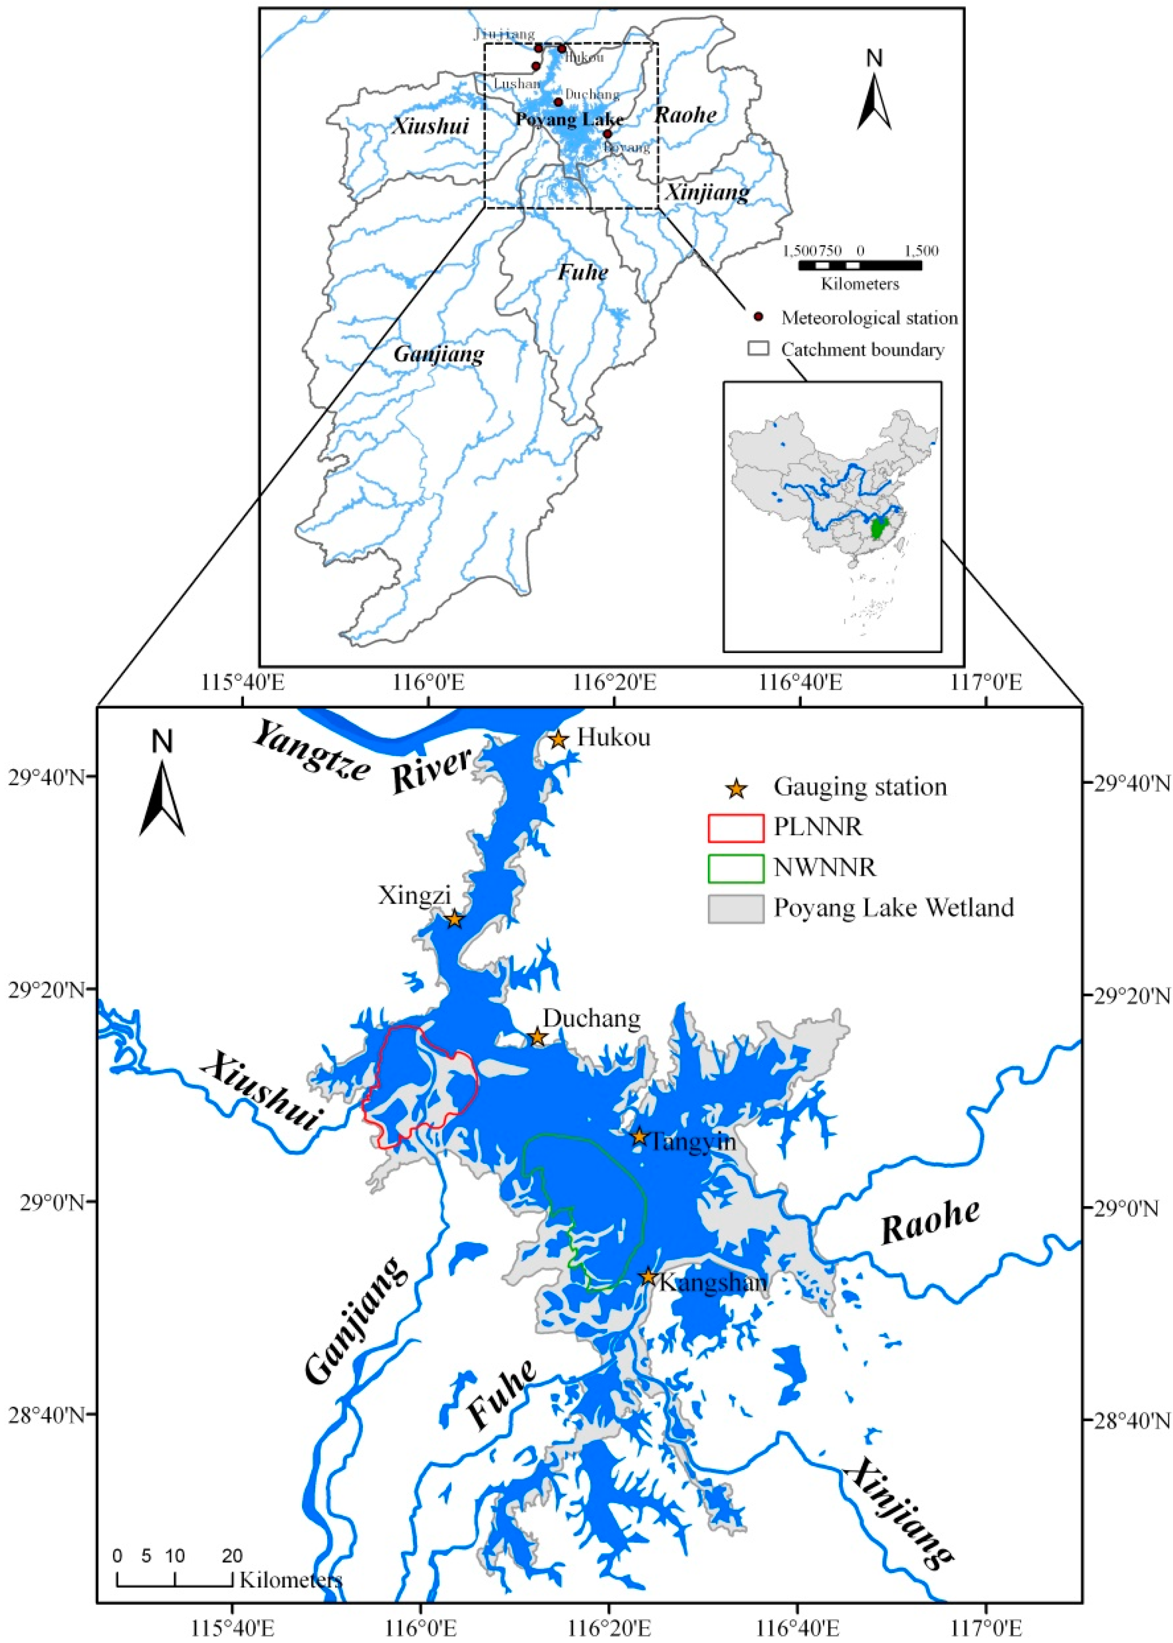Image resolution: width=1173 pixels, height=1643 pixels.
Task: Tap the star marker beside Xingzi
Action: click(x=454, y=919)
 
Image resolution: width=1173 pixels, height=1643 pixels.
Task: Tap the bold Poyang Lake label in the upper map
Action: click(x=569, y=120)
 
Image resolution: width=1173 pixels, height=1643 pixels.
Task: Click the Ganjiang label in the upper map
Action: click(x=438, y=354)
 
